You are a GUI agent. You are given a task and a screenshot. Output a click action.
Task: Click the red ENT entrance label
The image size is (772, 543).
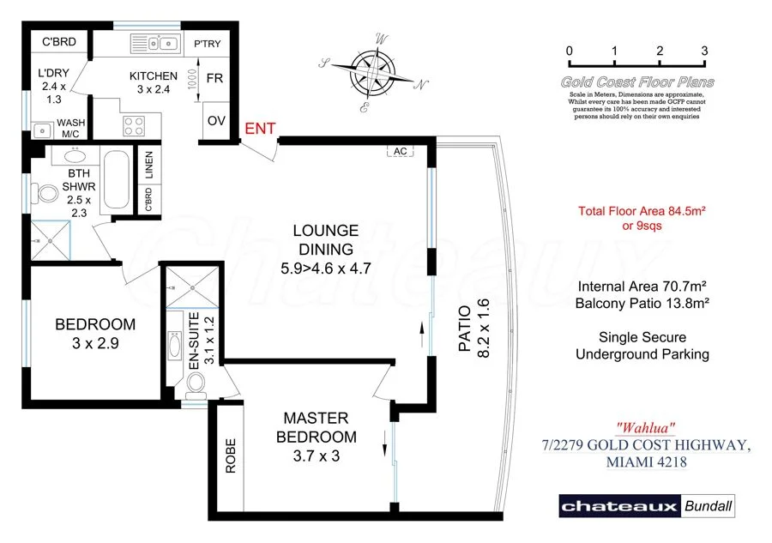point(261,129)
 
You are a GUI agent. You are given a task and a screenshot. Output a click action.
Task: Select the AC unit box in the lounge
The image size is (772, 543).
point(400,151)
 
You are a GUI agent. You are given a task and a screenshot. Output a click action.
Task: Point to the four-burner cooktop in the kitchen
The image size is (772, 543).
point(134,126)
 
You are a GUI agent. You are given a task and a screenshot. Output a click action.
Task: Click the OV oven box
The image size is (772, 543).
point(216,120)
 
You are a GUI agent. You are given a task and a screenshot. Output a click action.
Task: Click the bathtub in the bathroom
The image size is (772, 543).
point(118,181)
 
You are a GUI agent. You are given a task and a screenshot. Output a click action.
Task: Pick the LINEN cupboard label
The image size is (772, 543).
point(148,166)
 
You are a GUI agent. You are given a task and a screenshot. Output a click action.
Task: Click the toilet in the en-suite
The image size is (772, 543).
point(194,386)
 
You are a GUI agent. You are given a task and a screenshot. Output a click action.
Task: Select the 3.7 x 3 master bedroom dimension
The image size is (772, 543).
point(317,456)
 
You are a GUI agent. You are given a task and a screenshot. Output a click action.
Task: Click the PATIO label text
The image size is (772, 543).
point(463,329)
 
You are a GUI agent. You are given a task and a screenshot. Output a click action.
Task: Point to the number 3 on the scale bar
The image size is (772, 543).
point(704,51)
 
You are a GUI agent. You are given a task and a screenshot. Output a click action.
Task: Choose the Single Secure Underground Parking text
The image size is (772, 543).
point(642,346)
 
